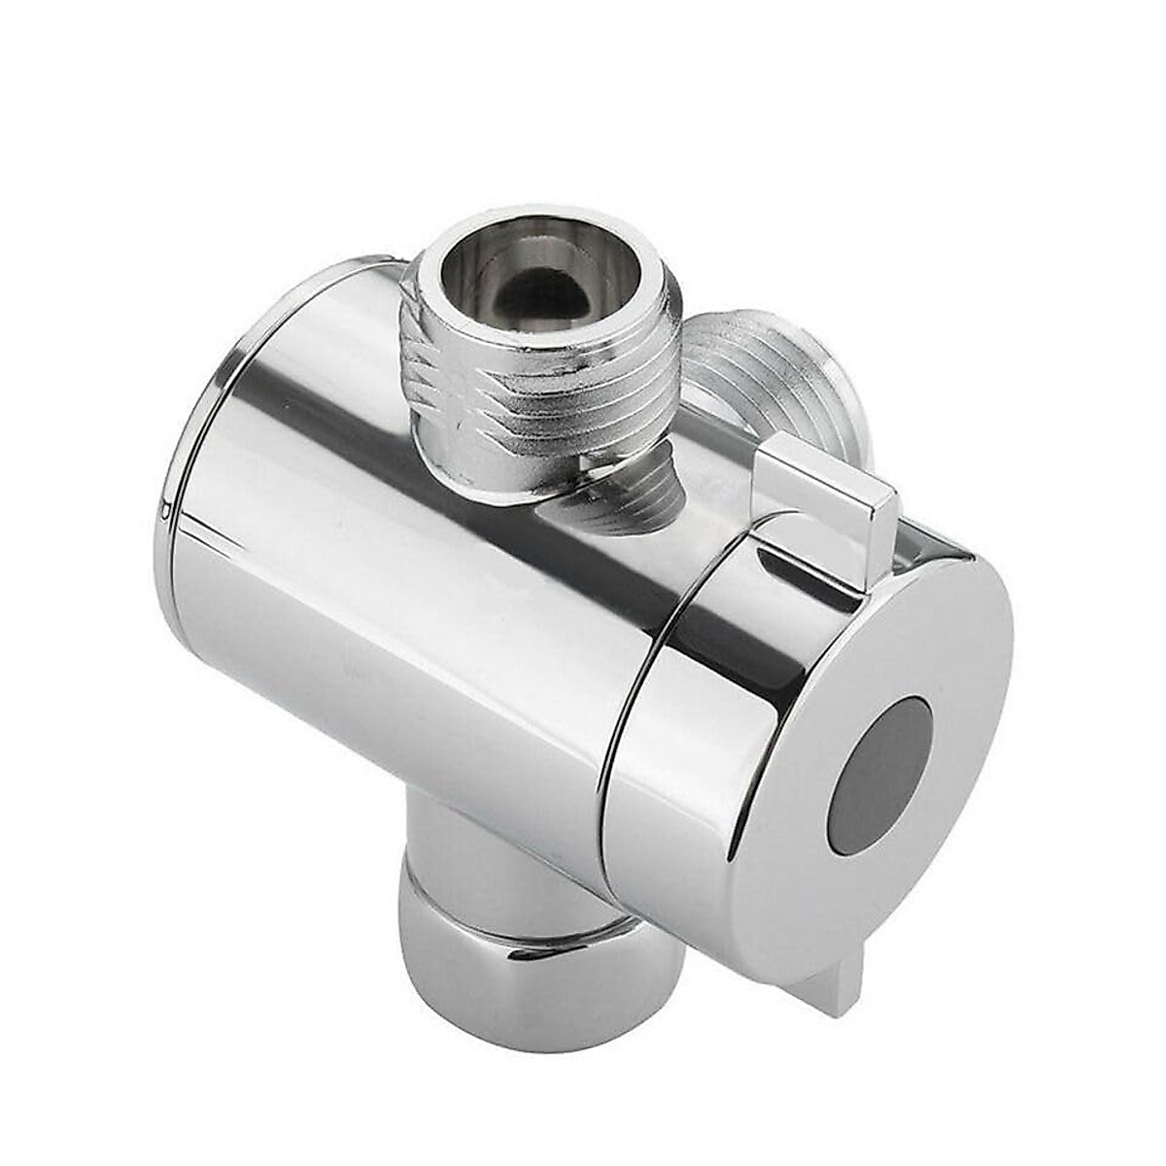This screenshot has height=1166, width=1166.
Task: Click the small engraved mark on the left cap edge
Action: tap(165, 508)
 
